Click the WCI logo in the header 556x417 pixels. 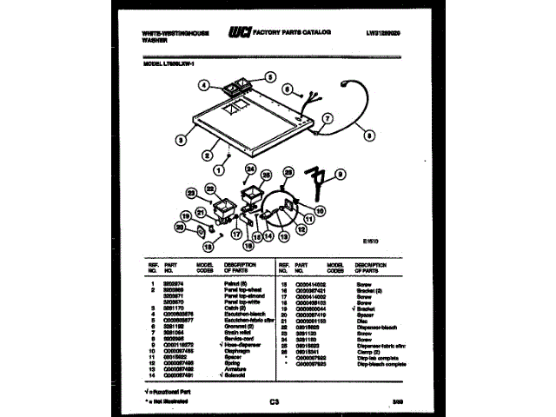[x=240, y=32]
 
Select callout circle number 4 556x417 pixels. [x=203, y=85]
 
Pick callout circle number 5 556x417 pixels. [x=270, y=77]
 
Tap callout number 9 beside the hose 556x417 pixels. [x=341, y=173]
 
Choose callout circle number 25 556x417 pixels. [x=266, y=174]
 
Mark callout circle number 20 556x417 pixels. [x=181, y=227]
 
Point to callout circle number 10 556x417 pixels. [x=319, y=209]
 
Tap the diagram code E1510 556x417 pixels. [x=371, y=242]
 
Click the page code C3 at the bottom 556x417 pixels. [x=276, y=400]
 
